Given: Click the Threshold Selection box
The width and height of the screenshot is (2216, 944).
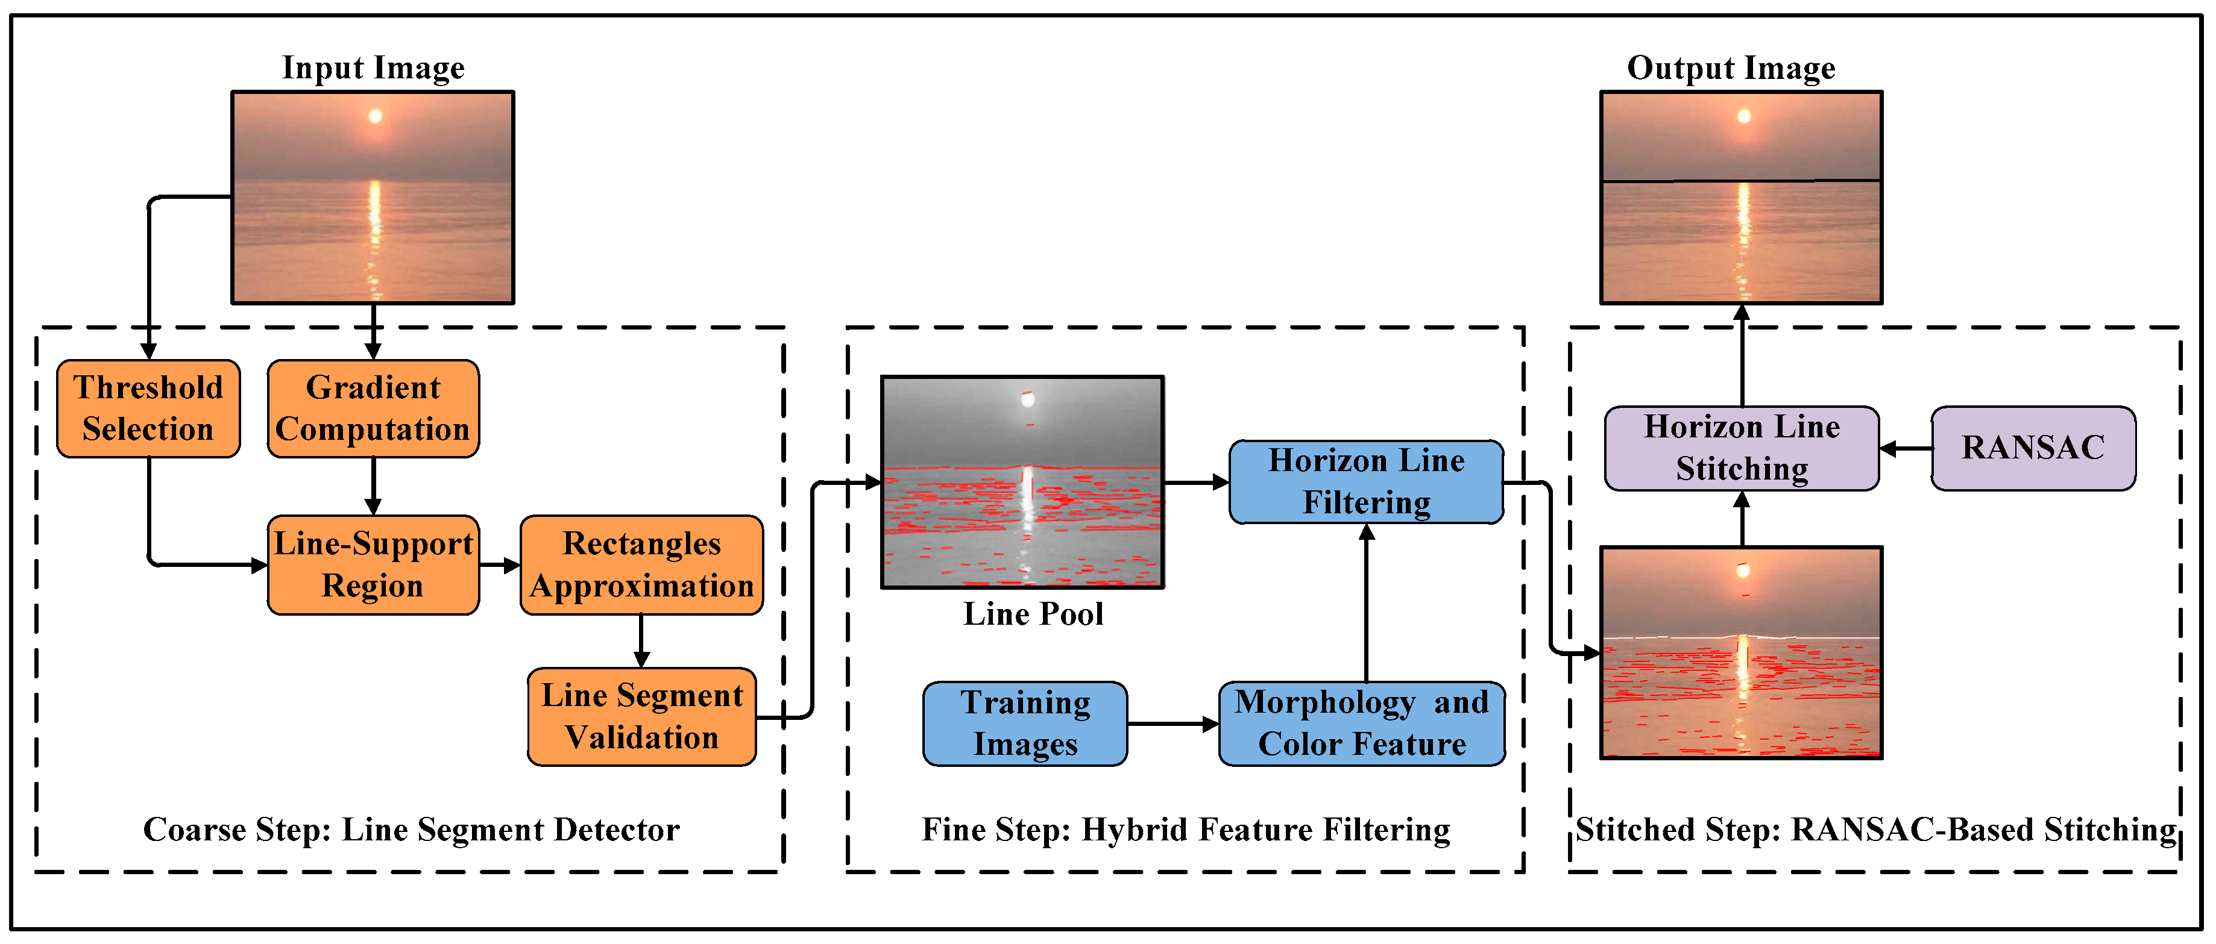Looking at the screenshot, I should pyautogui.click(x=148, y=408).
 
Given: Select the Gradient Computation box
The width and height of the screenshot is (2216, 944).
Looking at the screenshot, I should pyautogui.click(x=373, y=408).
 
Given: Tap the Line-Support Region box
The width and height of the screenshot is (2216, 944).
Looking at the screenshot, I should pyautogui.click(x=373, y=565).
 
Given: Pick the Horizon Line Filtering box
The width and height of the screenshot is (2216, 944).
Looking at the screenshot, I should pyautogui.click(x=1366, y=481).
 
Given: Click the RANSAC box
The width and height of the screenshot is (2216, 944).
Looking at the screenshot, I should pyautogui.click(x=2033, y=448).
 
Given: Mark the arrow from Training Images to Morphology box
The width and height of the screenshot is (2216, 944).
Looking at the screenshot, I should pyautogui.click(x=1173, y=724).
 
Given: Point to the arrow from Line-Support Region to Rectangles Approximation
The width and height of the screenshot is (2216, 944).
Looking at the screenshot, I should pyautogui.click(x=500, y=565).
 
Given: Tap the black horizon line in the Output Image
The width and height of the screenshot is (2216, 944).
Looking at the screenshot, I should pyautogui.click(x=1807, y=181).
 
